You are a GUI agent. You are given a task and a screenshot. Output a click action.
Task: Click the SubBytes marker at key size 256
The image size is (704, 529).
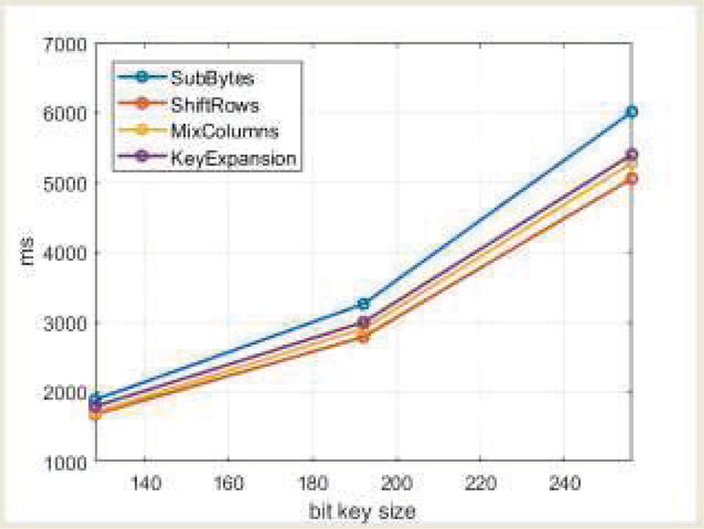coord(631,112)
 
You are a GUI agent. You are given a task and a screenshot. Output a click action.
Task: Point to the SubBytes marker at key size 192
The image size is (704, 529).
coord(363,304)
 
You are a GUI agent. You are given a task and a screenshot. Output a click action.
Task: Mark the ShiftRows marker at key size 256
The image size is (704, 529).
coord(631,179)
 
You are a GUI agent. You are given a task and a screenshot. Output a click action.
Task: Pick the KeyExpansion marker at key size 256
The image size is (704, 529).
coord(631,155)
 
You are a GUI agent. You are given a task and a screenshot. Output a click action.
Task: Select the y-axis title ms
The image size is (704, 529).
coord(33,252)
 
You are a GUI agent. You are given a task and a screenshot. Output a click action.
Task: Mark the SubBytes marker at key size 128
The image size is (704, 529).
coord(95,400)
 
